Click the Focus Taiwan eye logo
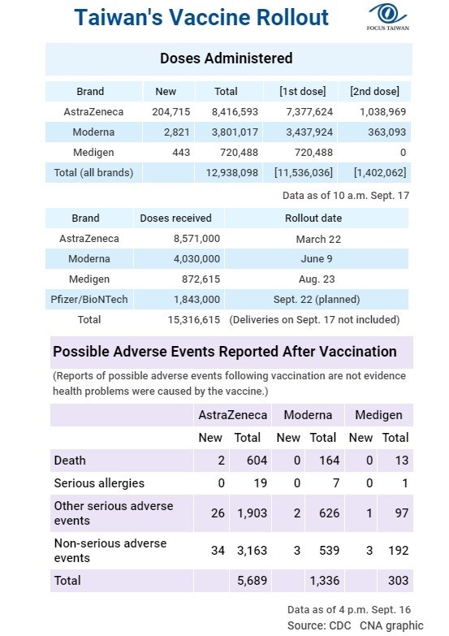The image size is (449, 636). (x=388, y=14)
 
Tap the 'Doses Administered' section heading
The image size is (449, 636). (x=227, y=58)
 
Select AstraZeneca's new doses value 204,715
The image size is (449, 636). (x=171, y=112)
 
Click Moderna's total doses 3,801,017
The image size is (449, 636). (x=235, y=132)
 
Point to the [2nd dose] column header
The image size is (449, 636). (x=374, y=91)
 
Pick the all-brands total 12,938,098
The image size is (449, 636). (x=232, y=173)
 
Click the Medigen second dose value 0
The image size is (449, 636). (x=403, y=153)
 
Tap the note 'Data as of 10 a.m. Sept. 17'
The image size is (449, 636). (x=346, y=196)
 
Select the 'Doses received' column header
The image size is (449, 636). (x=175, y=218)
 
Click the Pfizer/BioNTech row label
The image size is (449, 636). (x=89, y=300)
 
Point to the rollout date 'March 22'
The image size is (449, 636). (x=318, y=240)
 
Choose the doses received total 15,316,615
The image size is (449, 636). (x=194, y=320)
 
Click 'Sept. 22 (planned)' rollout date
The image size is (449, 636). (x=317, y=300)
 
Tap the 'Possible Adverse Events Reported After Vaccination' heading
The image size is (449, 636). (x=225, y=352)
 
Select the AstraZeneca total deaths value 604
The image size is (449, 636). (x=257, y=461)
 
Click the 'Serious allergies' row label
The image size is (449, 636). (x=99, y=483)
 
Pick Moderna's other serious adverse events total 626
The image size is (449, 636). (x=330, y=513)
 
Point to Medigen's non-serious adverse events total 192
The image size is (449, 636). (x=399, y=551)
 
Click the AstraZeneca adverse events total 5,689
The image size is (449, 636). (x=252, y=581)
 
